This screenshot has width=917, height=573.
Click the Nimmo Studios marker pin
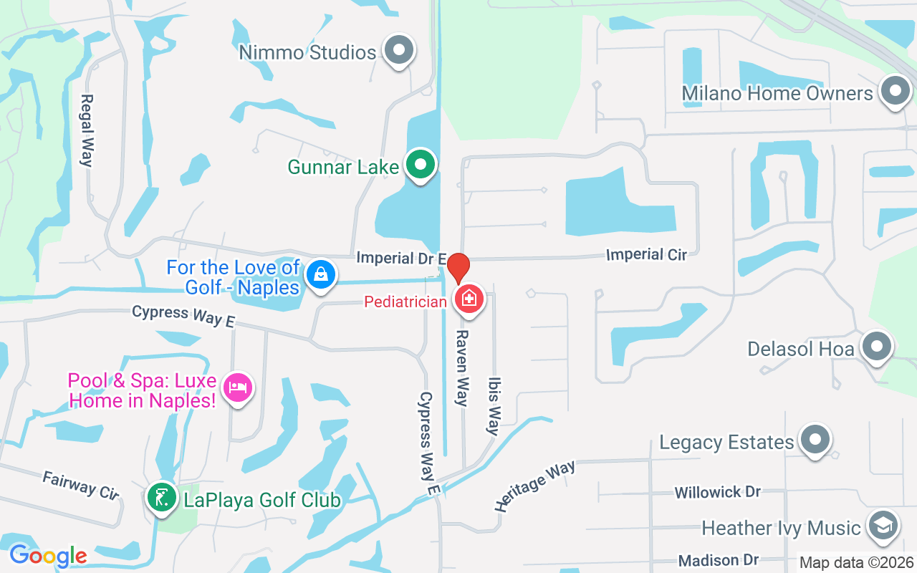point(400,51)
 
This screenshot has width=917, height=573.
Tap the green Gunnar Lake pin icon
point(421,165)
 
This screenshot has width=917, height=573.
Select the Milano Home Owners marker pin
point(894,92)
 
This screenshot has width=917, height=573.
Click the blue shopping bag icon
point(322,274)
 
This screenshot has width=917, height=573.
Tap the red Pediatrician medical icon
point(470,298)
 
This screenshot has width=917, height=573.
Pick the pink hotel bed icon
point(237,388)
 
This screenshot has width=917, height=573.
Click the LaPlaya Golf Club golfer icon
point(162,498)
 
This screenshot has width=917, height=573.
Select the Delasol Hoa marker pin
point(876,347)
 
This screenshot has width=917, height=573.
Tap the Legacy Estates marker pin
point(814,440)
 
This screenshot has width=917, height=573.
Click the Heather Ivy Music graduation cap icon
point(882,526)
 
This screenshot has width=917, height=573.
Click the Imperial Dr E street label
point(401,258)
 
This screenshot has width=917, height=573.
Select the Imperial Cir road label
point(646,254)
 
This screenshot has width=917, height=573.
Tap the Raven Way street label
point(462,368)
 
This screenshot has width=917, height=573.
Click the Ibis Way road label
point(494,406)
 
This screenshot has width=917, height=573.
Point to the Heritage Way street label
point(534,486)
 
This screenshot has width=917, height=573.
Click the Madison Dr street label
point(719,560)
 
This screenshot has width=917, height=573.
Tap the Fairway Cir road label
point(80,486)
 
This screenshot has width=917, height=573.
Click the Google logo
point(48,555)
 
